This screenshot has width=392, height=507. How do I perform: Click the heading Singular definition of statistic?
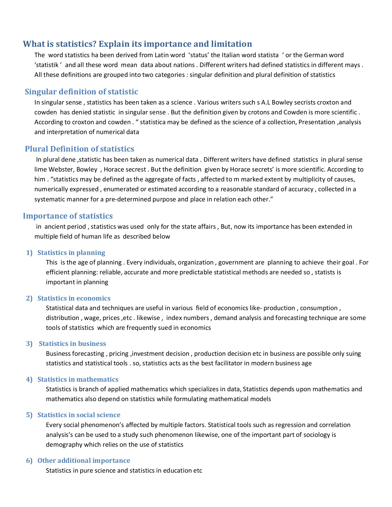81,92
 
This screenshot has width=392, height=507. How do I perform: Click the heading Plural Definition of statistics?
79,149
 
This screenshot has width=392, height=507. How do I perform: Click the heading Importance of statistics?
68,216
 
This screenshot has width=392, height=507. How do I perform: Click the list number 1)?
30,253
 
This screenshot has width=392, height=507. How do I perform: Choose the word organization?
196,263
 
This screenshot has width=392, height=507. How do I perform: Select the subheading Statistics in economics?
74,298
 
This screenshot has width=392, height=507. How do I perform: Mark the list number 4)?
30,379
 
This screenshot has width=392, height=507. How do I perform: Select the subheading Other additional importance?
84,461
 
